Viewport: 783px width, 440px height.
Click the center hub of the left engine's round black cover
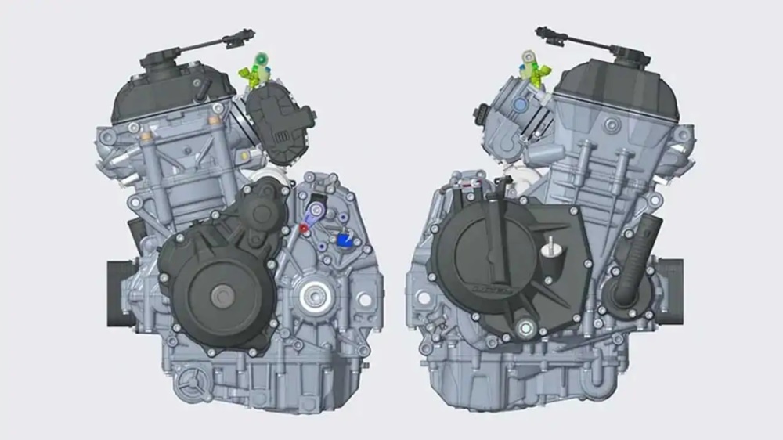point(222,295)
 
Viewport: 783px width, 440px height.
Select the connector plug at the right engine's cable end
point(546,34)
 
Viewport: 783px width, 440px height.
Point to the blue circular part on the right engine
point(518,103)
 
